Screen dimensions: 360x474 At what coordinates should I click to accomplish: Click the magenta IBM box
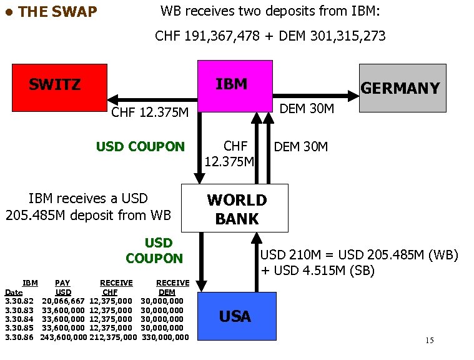[x=234, y=86]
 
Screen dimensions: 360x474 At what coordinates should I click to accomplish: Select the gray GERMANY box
[x=402, y=88]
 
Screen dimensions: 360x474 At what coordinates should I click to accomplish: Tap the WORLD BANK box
[x=235, y=208]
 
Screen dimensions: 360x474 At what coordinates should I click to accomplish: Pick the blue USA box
[x=236, y=316]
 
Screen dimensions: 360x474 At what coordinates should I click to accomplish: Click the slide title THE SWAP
[x=57, y=12]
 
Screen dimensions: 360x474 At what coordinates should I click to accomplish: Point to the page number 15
[x=429, y=341]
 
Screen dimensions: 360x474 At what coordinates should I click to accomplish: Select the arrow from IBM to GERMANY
[x=315, y=96]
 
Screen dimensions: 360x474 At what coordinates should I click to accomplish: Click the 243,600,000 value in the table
[x=63, y=337]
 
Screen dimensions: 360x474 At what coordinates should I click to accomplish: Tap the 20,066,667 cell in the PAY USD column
[x=63, y=301]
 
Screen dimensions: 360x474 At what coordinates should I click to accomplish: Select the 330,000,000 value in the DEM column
[x=165, y=337]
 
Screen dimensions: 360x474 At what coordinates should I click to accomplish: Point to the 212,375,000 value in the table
[x=113, y=337]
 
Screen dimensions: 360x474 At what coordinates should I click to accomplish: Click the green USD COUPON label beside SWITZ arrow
[x=141, y=147]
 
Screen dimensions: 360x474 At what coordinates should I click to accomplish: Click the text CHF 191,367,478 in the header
[x=207, y=36]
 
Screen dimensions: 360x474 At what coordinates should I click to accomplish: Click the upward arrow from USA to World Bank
[x=257, y=262]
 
